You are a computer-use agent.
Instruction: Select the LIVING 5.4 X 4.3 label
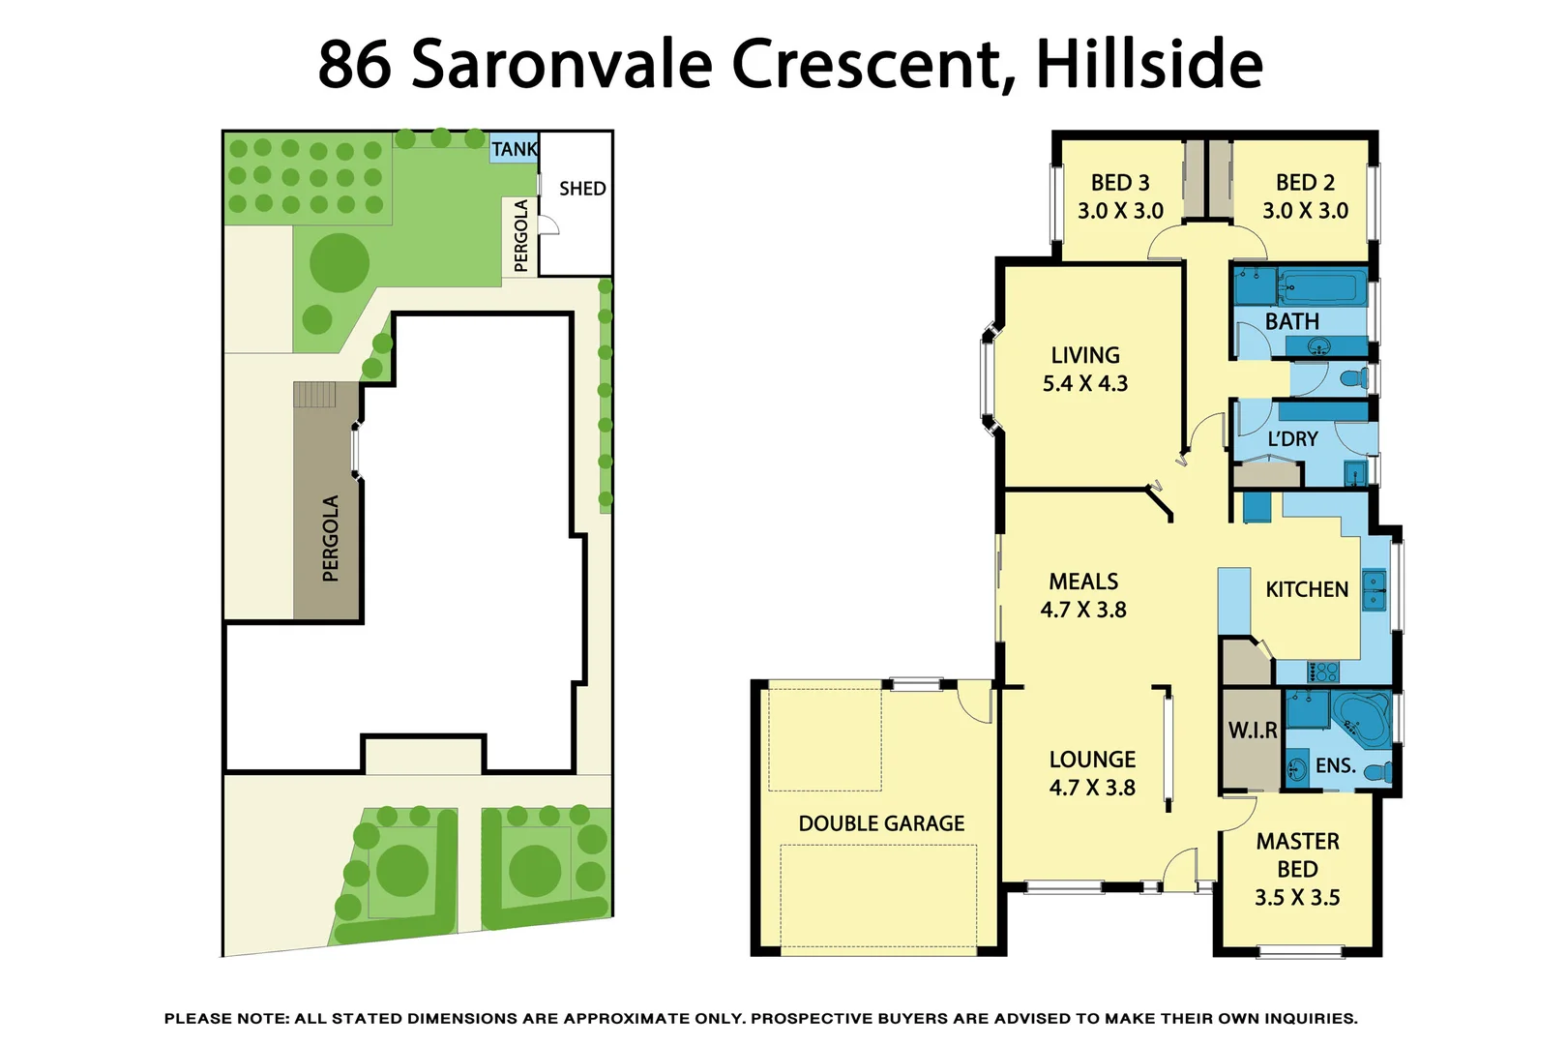1085,370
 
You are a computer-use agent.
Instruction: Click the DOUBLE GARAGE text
881,823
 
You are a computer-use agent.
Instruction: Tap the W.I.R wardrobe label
1253,731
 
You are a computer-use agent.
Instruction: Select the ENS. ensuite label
1335,765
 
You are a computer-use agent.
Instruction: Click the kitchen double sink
1374,590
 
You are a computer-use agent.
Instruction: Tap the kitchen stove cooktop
1322,671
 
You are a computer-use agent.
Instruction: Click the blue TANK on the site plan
514,148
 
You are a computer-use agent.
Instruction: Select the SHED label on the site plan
582,189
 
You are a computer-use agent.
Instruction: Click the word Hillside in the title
1149,64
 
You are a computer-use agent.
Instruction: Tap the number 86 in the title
354,64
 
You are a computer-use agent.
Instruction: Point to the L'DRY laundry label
1292,438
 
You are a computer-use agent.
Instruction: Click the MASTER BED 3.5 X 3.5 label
1297,869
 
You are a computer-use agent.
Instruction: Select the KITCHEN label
1306,589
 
